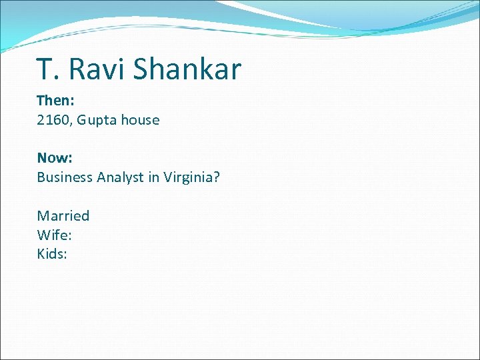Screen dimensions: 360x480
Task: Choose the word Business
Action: [65, 177]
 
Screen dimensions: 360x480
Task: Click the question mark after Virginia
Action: [217, 177]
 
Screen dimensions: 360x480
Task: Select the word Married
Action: [63, 215]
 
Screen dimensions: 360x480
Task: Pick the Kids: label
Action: [52, 254]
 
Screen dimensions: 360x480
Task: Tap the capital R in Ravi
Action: [77, 69]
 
